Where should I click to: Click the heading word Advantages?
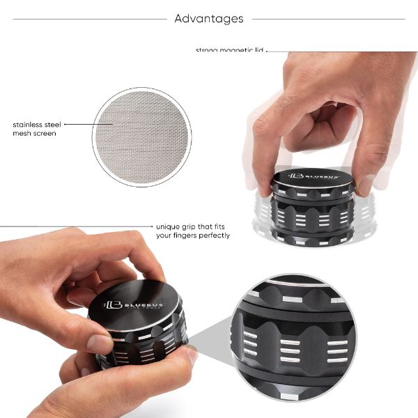click(x=209, y=19)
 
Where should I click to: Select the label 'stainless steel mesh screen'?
click(x=34, y=129)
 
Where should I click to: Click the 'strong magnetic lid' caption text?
click(x=230, y=50)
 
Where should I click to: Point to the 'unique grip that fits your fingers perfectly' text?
click(x=193, y=231)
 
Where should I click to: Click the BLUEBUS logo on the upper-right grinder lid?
click(x=313, y=178)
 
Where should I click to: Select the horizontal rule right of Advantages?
click(x=327, y=19)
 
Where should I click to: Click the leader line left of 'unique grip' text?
click(x=77, y=226)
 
